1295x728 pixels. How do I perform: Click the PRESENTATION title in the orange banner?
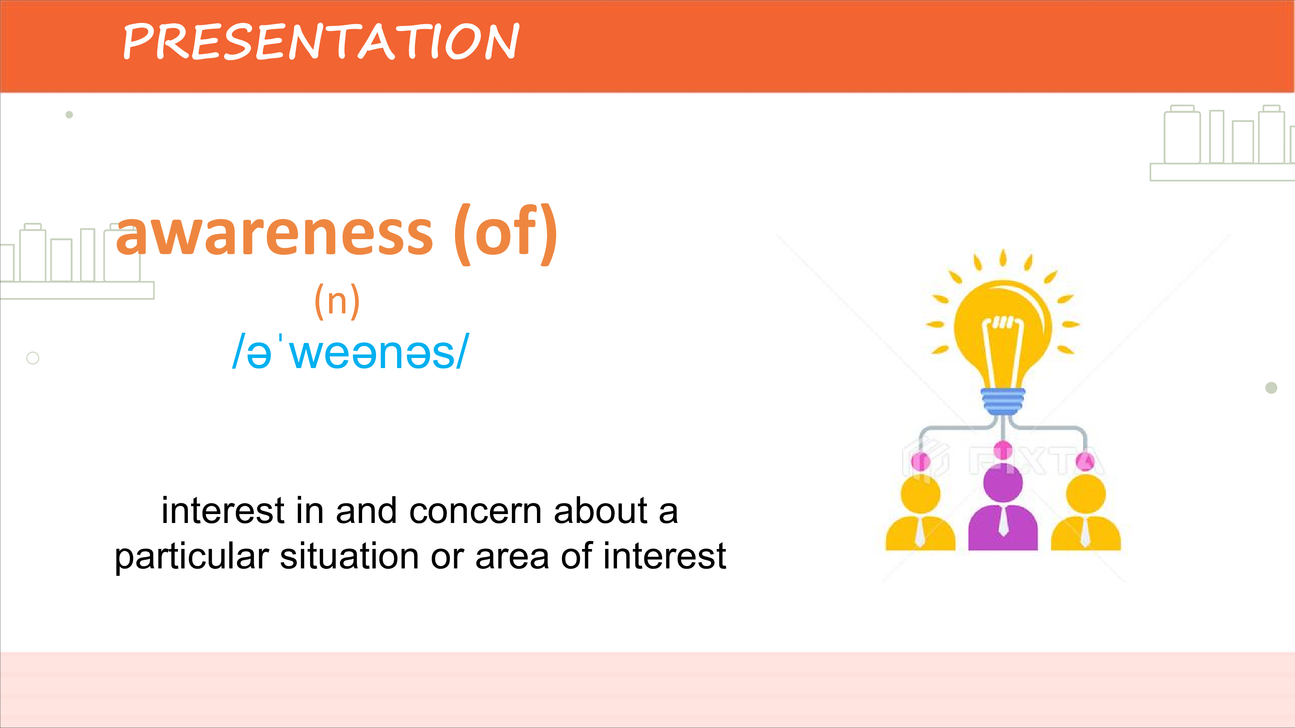point(321,41)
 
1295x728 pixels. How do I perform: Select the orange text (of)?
point(505,234)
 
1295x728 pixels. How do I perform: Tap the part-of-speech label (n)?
point(337,301)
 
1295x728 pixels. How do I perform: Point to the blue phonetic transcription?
point(350,352)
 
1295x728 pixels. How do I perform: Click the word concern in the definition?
point(476,511)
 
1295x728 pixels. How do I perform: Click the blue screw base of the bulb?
point(1003,402)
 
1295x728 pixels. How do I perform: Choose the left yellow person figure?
point(920,513)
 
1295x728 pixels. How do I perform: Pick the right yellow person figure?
point(1086,513)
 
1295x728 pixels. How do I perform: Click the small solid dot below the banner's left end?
point(70,115)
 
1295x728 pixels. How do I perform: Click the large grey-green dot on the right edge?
point(1271,388)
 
